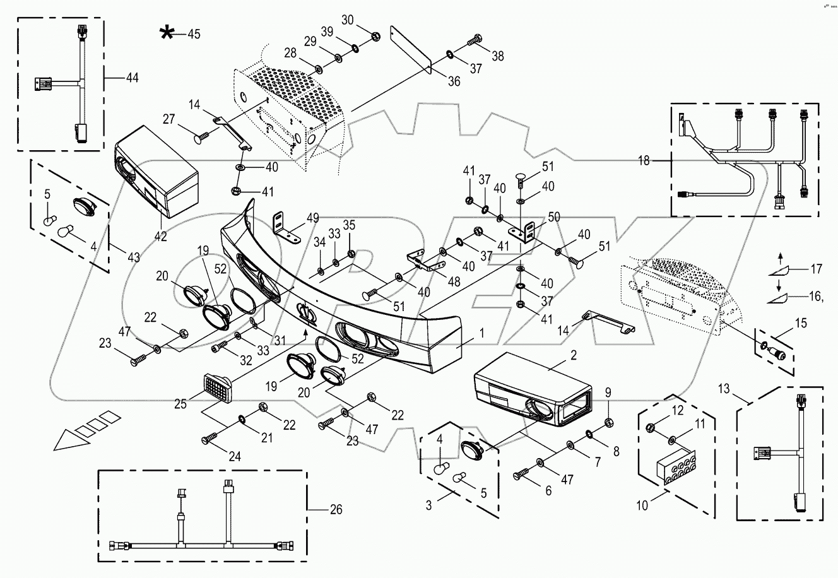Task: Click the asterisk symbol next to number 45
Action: pos(167,33)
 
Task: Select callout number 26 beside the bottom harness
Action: pos(336,509)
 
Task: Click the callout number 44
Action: pos(131,78)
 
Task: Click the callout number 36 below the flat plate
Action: pos(455,81)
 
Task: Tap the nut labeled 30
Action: pos(374,35)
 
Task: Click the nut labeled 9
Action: pos(606,422)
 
